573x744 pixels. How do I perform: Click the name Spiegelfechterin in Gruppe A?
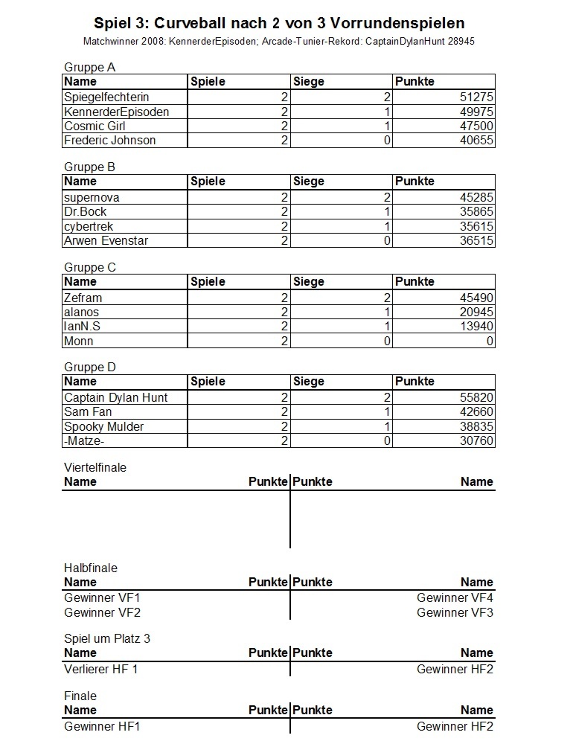coord(106,97)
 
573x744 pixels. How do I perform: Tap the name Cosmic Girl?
coord(95,126)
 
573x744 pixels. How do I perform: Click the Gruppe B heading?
coord(89,167)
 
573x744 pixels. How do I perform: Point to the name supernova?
coord(92,198)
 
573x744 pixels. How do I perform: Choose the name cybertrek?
coord(89,227)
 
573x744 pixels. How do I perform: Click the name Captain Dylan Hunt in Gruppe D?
coord(115,398)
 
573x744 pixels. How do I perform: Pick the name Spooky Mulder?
coord(103,427)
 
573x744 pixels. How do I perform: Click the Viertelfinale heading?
coord(95,468)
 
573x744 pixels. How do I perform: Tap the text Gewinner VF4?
coord(455,598)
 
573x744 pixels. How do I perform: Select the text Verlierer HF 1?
coord(101,669)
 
